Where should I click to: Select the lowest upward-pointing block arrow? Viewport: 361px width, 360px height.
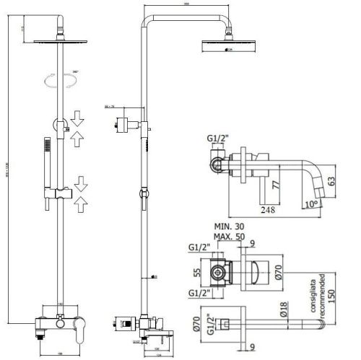[x=79, y=201]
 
